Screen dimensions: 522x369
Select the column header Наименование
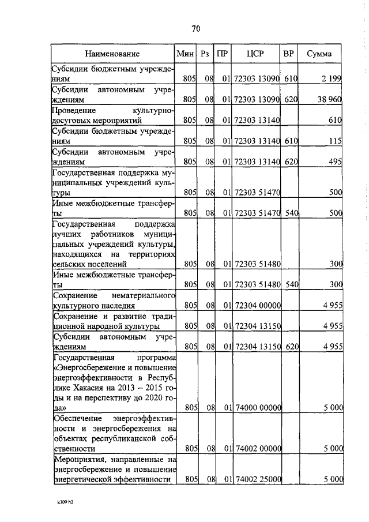[112, 54]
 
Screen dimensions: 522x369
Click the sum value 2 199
[332, 78]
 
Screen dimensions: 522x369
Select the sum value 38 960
[329, 99]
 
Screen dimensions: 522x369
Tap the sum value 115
[336, 141]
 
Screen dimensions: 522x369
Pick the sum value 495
[335, 163]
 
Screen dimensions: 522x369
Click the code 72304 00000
[257, 305]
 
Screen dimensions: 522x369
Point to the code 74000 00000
[257, 407]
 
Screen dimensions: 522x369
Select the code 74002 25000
[257, 479]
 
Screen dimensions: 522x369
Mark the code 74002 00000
[257, 447]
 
